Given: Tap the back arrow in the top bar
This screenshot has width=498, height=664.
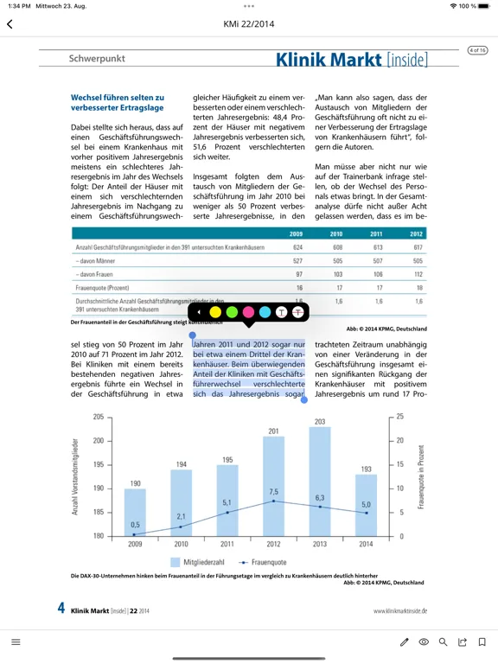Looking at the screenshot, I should point(10,24).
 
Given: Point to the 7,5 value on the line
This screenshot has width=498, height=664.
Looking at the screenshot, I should point(273,491).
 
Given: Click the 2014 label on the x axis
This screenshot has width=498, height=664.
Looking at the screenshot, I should point(367,544).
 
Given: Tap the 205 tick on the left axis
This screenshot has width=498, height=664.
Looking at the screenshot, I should point(98,417).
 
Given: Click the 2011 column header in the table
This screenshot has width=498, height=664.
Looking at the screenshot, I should point(377,234).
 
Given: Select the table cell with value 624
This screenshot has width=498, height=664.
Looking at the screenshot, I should point(298,247).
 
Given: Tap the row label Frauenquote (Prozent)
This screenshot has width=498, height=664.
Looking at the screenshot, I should point(102,287).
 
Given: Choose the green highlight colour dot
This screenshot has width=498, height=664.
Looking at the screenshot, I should point(232,311).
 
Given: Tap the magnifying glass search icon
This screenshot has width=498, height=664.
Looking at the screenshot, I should point(443,642).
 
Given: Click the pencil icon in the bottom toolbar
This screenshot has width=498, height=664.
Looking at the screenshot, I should point(404,642).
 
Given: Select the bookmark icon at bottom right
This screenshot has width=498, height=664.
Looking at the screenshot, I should point(482,642).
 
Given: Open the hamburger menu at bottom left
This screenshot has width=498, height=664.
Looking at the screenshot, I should point(16,642).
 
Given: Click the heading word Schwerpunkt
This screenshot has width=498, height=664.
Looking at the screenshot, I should point(97,59).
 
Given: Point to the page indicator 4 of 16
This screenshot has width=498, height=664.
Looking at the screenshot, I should point(477,50).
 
